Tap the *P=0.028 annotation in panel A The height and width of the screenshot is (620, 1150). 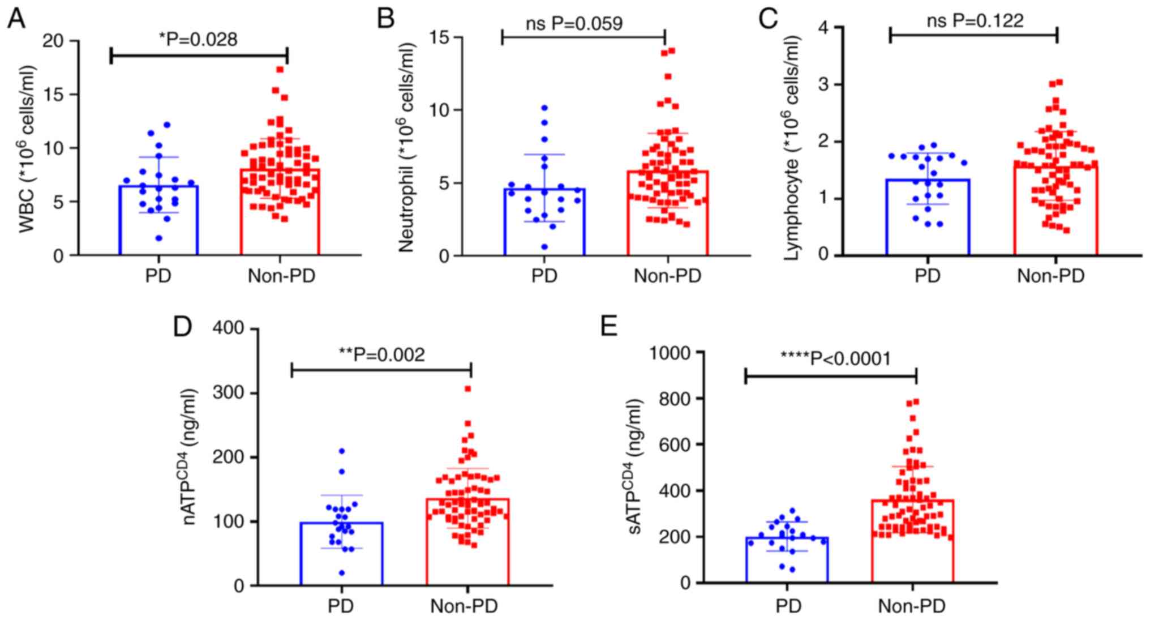pyautogui.click(x=198, y=39)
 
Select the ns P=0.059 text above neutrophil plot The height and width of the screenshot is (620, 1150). pyautogui.click(x=574, y=23)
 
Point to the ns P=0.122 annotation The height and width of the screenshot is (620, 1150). pyautogui.click(x=975, y=21)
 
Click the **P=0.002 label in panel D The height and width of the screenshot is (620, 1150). pyautogui.click(x=381, y=354)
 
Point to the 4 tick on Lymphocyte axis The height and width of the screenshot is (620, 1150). pyautogui.click(x=823, y=27)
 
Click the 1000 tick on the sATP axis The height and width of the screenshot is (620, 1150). pyautogui.click(x=671, y=353)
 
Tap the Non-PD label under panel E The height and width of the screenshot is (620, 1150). pyautogui.click(x=911, y=606)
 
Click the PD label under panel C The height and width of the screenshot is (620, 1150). pyautogui.click(x=928, y=276)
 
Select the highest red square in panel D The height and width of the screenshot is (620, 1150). pyautogui.click(x=467, y=389)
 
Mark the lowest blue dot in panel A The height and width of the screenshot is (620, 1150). pyautogui.click(x=160, y=238)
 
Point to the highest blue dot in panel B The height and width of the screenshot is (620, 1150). pyautogui.click(x=544, y=108)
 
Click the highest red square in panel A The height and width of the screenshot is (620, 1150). pyautogui.click(x=280, y=70)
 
